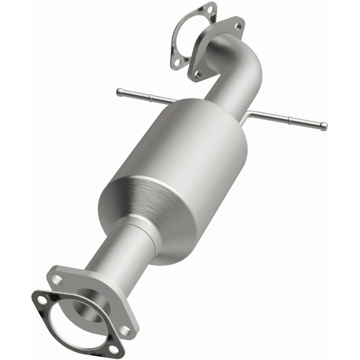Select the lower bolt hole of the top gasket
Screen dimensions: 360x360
pyautogui.click(x=176, y=62)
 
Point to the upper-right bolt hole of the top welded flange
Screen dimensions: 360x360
pyautogui.click(x=238, y=24)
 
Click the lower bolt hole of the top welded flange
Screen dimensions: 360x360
pyautogui.click(x=197, y=75)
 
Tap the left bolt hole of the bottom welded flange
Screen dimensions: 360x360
pyautogui.click(x=57, y=279)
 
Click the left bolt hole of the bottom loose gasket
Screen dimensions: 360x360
pyautogui.click(x=41, y=300)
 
